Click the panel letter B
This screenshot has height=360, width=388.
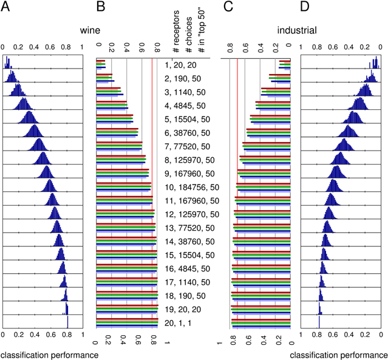tap(101, 7)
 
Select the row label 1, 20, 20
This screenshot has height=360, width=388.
tap(180, 64)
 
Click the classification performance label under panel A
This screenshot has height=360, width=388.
tap(49, 354)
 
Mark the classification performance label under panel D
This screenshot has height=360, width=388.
tap(338, 354)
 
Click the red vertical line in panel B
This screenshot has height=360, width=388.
tap(152, 194)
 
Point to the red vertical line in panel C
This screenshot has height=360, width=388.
tap(237, 194)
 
